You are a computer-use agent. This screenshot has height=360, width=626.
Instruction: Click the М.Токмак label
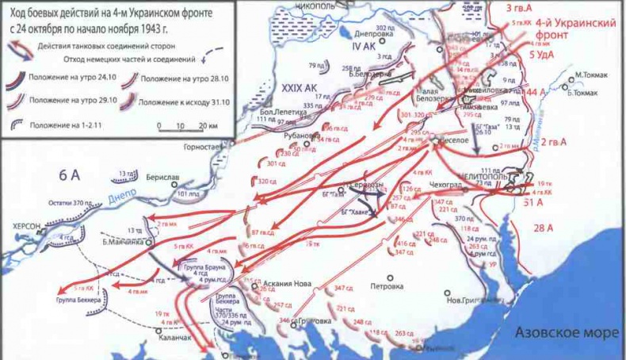pyautogui.click(x=592, y=75)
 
